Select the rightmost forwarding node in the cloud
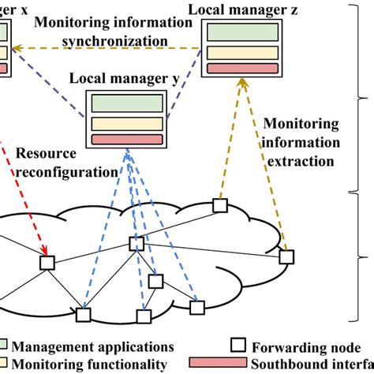286,256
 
